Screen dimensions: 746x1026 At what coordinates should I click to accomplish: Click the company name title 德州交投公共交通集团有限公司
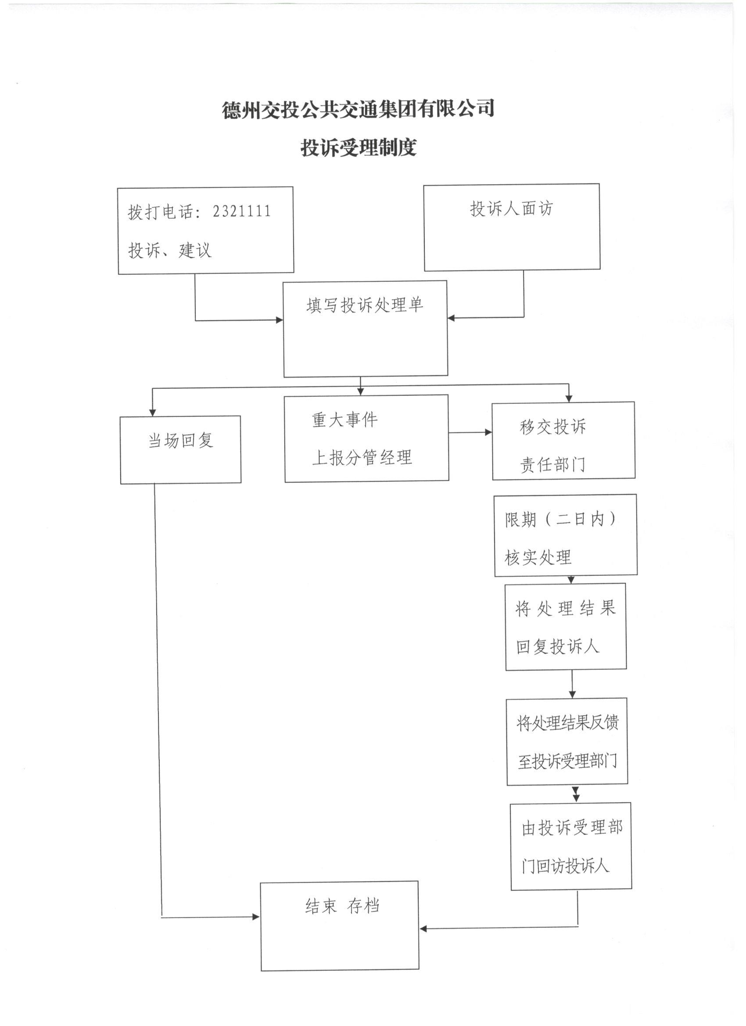358,110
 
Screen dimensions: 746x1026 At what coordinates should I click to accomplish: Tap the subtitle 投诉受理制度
358,148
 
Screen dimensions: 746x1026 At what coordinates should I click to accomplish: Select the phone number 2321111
242,211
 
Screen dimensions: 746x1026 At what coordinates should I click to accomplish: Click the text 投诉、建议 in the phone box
170,250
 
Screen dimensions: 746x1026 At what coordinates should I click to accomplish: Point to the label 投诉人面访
511,208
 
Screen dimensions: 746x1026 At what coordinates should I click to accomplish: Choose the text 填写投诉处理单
365,305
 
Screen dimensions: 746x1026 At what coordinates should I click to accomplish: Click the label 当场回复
180,440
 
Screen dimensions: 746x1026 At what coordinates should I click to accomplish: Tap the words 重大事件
345,420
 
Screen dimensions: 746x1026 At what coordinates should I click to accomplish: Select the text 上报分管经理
362,457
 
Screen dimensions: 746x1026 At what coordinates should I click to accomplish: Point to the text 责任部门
553,465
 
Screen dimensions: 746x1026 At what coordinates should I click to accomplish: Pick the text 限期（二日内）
560,519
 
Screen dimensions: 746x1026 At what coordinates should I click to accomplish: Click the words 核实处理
538,557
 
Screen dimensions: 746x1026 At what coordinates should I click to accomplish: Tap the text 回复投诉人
558,646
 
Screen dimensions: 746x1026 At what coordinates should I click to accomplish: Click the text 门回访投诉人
566,866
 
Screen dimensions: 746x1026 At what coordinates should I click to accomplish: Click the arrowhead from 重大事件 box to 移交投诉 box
488,433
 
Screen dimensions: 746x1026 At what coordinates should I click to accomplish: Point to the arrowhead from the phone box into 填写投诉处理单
280,320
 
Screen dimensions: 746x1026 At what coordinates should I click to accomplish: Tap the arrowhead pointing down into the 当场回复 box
152,413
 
